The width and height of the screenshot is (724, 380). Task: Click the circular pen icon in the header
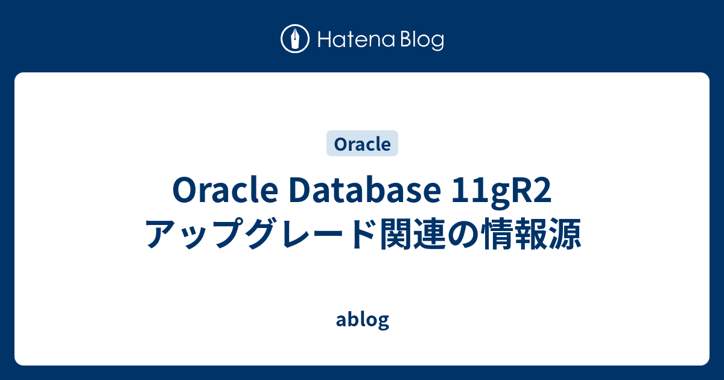pos(295,39)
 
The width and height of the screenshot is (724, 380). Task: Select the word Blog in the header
pos(421,40)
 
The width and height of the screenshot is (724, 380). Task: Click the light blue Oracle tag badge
pos(362,144)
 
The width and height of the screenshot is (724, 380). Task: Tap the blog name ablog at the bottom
pos(362,320)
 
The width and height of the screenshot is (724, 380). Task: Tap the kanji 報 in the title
pos(532,235)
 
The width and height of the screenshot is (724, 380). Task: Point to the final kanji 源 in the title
pos(566,235)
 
